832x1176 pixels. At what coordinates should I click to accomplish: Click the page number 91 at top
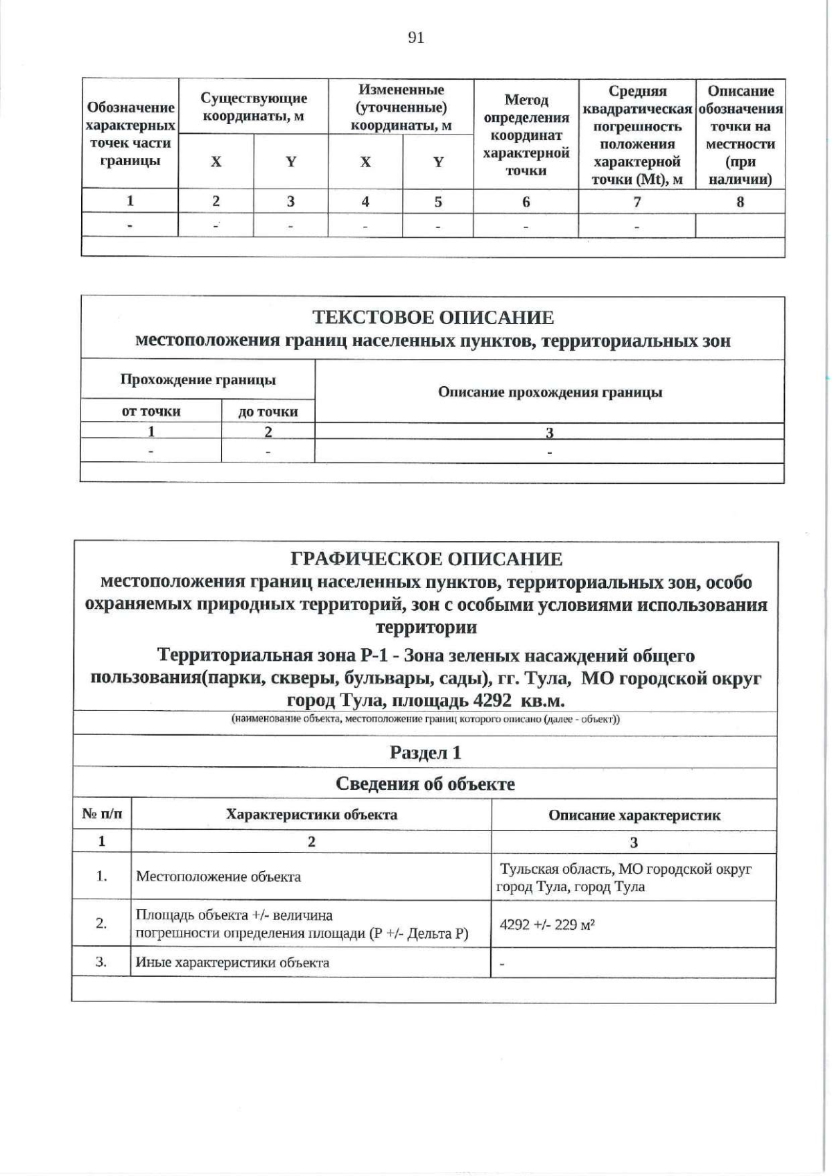(x=416, y=38)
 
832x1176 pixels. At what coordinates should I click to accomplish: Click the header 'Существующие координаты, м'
(x=253, y=107)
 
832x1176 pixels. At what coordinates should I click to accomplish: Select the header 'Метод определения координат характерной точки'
(x=526, y=135)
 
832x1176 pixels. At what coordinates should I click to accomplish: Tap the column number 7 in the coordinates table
(x=636, y=202)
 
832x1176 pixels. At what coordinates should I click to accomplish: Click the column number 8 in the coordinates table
(x=740, y=202)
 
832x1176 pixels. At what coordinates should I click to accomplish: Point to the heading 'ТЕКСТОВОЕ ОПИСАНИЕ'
(x=433, y=318)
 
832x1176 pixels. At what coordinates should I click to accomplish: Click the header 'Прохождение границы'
(x=198, y=379)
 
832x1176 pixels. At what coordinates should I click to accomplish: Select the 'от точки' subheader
(x=151, y=411)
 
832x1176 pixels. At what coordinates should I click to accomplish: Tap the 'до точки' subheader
(x=268, y=412)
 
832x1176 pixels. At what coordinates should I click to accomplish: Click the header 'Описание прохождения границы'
(x=549, y=392)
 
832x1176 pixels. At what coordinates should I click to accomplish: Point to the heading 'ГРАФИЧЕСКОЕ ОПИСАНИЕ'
(x=426, y=559)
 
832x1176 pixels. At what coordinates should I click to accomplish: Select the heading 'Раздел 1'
(x=425, y=752)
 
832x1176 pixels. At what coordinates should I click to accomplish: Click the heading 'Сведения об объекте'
(x=425, y=784)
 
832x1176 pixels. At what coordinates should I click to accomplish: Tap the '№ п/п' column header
(x=102, y=814)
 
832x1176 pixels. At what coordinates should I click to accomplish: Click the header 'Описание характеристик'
(x=634, y=815)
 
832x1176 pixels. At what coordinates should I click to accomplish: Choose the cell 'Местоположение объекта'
(x=218, y=877)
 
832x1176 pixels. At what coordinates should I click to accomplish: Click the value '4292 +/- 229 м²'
(x=548, y=924)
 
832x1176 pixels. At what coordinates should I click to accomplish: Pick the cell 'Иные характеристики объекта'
(x=232, y=962)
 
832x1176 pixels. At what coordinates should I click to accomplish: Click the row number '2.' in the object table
(x=101, y=924)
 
